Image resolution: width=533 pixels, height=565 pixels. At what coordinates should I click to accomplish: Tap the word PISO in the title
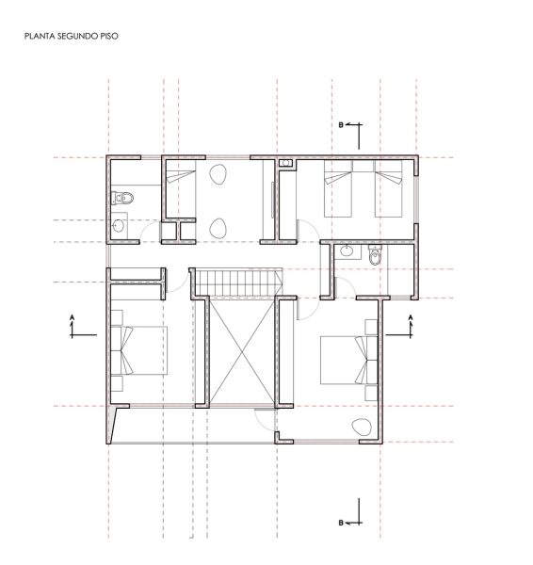pyautogui.click(x=108, y=36)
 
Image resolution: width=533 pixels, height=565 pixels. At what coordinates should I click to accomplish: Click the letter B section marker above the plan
pyautogui.click(x=341, y=125)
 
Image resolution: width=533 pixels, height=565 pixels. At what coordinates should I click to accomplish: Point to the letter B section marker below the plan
pyautogui.click(x=341, y=523)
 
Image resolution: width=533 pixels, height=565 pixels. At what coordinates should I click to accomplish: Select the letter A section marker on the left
pyautogui.click(x=73, y=317)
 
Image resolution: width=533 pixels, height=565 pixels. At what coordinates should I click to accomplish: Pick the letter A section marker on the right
pyautogui.click(x=411, y=317)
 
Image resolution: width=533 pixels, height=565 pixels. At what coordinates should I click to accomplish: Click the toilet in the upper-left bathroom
pyautogui.click(x=122, y=198)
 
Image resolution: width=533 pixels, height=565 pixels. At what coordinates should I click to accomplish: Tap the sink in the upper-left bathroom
pyautogui.click(x=119, y=226)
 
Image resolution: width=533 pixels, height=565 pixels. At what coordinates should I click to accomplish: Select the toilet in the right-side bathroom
pyautogui.click(x=375, y=255)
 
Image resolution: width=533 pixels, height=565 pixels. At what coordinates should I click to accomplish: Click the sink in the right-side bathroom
pyautogui.click(x=347, y=250)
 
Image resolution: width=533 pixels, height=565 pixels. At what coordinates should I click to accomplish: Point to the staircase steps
pyautogui.click(x=238, y=282)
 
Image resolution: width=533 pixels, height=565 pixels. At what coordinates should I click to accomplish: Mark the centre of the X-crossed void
pyautogui.click(x=242, y=352)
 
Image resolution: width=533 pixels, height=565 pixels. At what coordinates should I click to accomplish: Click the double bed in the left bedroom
pyautogui.click(x=139, y=350)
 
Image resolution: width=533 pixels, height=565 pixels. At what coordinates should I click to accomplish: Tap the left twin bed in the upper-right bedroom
pyautogui.click(x=338, y=188)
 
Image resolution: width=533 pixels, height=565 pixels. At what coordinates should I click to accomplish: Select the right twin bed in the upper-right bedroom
pyautogui.click(x=389, y=188)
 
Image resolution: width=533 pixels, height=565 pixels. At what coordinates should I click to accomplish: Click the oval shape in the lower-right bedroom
pyautogui.click(x=362, y=427)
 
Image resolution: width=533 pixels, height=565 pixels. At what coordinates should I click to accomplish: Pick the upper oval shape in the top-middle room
pyautogui.click(x=218, y=174)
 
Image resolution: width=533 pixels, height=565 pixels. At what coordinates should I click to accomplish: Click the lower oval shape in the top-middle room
pyautogui.click(x=218, y=228)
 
